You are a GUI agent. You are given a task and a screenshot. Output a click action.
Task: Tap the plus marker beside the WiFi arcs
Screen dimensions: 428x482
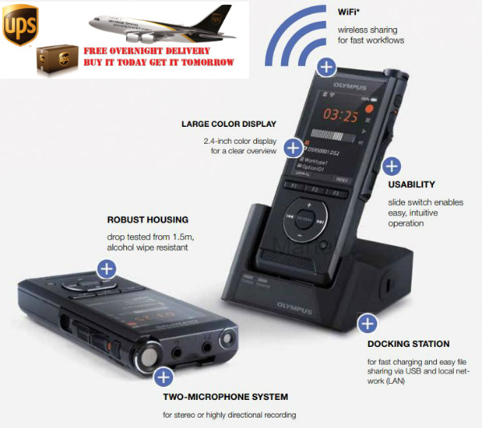(x=326, y=66)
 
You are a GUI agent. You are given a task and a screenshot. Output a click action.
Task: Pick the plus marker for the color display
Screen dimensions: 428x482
(x=293, y=146)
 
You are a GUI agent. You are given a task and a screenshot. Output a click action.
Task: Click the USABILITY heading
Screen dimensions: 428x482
(x=411, y=185)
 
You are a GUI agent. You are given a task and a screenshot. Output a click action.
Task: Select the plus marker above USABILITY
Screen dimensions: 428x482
(x=390, y=166)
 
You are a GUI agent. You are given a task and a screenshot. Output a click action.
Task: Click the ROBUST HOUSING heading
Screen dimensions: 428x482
(x=147, y=218)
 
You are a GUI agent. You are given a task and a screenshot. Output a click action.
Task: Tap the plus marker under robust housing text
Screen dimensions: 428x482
(x=107, y=269)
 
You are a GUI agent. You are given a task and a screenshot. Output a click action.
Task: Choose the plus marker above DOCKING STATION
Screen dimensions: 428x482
(x=367, y=324)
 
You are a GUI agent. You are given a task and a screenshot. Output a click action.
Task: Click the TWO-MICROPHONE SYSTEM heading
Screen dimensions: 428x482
(x=226, y=397)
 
